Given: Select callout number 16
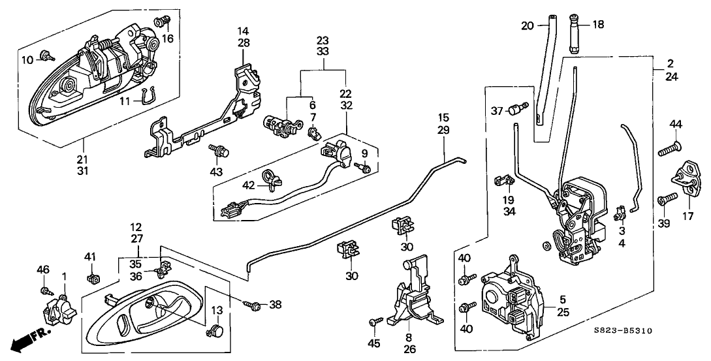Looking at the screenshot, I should pyautogui.click(x=168, y=39).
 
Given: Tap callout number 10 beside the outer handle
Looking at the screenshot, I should pyautogui.click(x=27, y=60).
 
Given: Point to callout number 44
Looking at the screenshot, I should pyautogui.click(x=675, y=124).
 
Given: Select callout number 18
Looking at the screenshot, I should pyautogui.click(x=598, y=24).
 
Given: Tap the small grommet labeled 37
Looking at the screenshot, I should pyautogui.click(x=520, y=108).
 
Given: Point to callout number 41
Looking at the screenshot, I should pyautogui.click(x=91, y=256).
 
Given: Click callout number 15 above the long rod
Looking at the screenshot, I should pyautogui.click(x=444, y=118).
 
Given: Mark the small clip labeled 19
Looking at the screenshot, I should pyautogui.click(x=502, y=178).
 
